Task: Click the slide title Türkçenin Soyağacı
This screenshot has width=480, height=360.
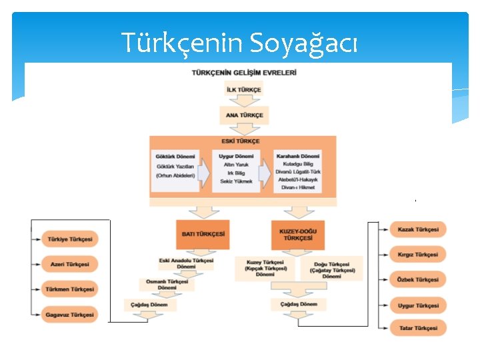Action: pyautogui.click(x=240, y=43)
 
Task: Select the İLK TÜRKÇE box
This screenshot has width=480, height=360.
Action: pyautogui.click(x=244, y=90)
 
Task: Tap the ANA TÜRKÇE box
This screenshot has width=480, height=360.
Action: pyautogui.click(x=244, y=115)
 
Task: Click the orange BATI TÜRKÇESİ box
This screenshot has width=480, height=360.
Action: pyautogui.click(x=203, y=234)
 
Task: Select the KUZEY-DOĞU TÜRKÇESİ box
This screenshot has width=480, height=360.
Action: pyautogui.click(x=298, y=234)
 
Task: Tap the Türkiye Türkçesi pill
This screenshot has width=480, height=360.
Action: pyautogui.click(x=70, y=239)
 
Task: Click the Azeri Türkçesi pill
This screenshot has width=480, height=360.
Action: pyautogui.click(x=70, y=264)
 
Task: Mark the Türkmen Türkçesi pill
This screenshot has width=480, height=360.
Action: pyautogui.click(x=70, y=289)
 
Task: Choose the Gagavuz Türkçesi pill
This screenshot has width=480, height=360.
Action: pyautogui.click(x=70, y=314)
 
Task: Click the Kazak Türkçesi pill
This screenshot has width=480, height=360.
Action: pyautogui.click(x=418, y=230)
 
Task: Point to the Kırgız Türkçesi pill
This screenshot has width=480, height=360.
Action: pyautogui.click(x=418, y=255)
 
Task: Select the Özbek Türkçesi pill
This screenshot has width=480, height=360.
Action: pyautogui.click(x=418, y=280)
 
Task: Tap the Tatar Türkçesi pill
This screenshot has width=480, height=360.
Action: pyautogui.click(x=418, y=328)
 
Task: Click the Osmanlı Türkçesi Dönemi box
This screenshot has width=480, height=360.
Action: pyautogui.click(x=167, y=285)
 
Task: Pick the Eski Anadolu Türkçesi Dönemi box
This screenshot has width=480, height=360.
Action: pyautogui.click(x=186, y=263)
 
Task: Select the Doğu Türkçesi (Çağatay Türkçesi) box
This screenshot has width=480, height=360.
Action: pyautogui.click(x=332, y=269)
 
